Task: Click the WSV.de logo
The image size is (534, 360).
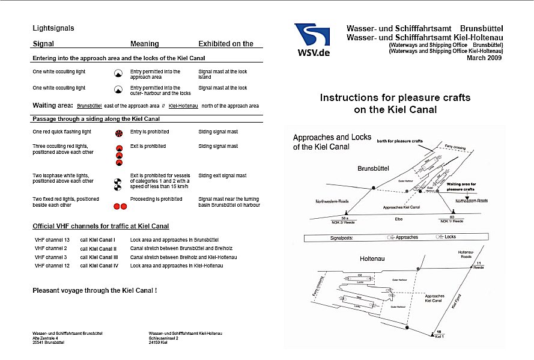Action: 312,40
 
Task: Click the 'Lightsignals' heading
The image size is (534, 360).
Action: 53,28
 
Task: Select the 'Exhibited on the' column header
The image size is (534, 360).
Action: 226,44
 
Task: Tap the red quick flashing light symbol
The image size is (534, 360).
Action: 119,132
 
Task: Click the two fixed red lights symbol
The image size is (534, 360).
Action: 120,206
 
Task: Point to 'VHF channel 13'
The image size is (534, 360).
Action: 52,240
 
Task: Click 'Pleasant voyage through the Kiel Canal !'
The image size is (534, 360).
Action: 94,290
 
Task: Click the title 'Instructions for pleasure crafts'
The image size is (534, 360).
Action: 395,97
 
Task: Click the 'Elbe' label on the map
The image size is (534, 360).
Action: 398,219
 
